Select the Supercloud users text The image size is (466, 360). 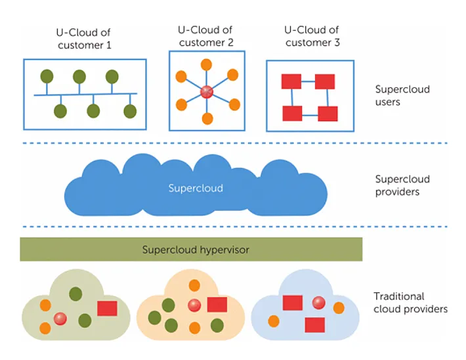402,95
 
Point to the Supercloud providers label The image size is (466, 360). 402,185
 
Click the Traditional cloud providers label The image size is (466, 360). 410,302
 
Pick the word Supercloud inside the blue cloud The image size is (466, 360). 196,189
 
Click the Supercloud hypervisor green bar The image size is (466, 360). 190,250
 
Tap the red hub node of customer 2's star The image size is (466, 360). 207,92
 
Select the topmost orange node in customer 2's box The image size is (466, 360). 206,64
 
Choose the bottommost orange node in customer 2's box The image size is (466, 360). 207,119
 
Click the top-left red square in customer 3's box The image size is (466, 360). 291,81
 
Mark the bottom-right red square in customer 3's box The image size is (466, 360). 328,113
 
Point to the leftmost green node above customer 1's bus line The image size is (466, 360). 47,76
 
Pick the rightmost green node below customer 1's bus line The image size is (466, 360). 130,110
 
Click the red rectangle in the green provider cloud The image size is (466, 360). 107,307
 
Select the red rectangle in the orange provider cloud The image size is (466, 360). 217,304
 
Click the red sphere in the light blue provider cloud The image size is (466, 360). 319,302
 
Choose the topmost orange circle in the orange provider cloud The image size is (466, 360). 194,285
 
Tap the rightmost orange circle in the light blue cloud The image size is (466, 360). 339,307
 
